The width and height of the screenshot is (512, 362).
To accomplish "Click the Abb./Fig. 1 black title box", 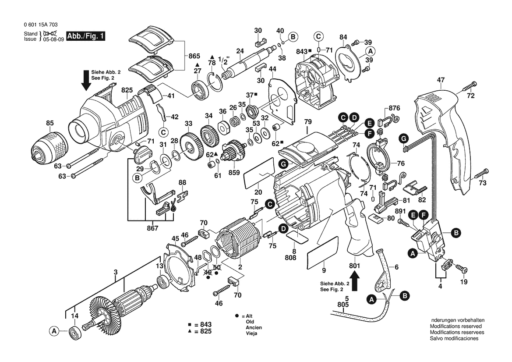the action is pyautogui.click(x=85, y=36).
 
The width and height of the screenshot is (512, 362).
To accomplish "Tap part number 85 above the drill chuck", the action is pyautogui.click(x=49, y=123).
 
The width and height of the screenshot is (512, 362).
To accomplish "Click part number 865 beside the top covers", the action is pyautogui.click(x=194, y=56).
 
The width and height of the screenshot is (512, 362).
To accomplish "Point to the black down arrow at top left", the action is pyautogui.click(x=86, y=80).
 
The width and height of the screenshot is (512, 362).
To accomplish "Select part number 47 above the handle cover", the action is pyautogui.click(x=441, y=80).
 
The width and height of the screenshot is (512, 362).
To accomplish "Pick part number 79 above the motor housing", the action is pyautogui.click(x=307, y=122).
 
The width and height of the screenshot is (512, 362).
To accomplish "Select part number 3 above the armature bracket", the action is pyautogui.click(x=116, y=272).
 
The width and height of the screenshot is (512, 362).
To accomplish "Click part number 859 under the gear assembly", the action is pyautogui.click(x=234, y=173).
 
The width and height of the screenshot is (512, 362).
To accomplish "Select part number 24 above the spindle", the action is pyautogui.click(x=240, y=51).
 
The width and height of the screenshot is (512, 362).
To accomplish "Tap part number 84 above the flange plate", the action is pyautogui.click(x=343, y=37).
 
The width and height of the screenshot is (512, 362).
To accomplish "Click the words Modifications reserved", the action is pyautogui.click(x=456, y=326).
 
